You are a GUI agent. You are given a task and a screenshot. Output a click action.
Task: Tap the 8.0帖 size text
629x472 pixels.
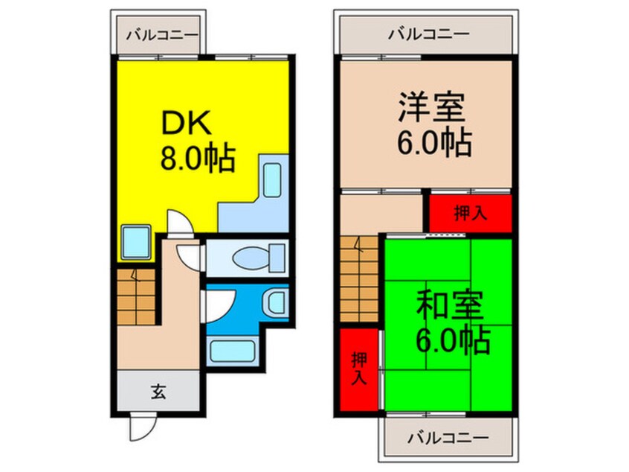pos(197,158)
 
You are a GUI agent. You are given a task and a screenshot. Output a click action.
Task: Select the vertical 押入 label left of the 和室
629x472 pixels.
pos(358,367)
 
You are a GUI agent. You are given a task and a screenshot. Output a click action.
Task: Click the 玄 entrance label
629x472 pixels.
pos(160,391)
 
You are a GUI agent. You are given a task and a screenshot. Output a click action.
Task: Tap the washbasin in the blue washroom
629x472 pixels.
pos(274,302)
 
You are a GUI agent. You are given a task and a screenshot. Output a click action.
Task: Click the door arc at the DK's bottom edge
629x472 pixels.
pos(178,222)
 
